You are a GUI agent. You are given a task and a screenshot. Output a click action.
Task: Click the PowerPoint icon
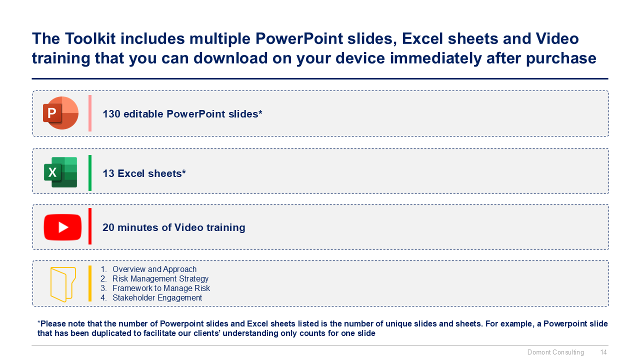tap(60, 113)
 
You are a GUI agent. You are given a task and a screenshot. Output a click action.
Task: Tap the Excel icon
tap(60, 172)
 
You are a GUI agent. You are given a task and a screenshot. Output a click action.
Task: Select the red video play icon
tap(62, 227)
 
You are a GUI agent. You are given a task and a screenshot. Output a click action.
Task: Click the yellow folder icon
tap(63, 284)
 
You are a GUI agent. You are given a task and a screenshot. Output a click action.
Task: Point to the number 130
tap(111, 114)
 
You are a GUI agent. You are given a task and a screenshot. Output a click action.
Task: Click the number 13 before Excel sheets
tap(108, 173)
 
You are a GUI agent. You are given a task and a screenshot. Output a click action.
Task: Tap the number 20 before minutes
tap(108, 227)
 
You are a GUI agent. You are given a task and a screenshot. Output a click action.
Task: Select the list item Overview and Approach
tap(154, 269)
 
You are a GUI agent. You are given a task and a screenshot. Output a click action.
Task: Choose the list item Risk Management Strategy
tap(160, 278)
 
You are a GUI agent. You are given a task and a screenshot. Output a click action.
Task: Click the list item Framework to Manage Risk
tap(161, 288)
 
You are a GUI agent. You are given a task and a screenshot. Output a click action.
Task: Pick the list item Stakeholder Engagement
tap(157, 297)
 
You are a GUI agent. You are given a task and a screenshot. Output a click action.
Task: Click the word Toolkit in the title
tap(90, 38)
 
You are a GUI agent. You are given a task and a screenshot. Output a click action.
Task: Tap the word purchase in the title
tap(561, 59)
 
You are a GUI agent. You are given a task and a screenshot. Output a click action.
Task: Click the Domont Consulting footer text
tap(555, 352)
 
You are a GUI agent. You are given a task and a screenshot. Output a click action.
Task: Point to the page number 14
tap(603, 352)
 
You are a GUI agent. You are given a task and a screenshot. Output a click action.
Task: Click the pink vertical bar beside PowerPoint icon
tap(90, 113)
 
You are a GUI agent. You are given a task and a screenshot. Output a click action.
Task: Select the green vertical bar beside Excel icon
tap(90, 173)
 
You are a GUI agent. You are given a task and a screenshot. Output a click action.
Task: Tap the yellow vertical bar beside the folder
tap(90, 283)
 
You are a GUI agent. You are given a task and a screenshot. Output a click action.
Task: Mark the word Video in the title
tap(557, 38)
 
